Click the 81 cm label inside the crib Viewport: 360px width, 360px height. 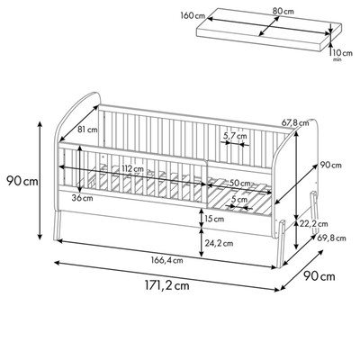pos(87,130)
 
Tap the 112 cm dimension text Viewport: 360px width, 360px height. pos(132,169)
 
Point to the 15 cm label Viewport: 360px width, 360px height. pos(214,220)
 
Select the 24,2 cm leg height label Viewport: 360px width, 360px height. pos(220,243)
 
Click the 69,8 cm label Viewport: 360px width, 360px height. pos(331,238)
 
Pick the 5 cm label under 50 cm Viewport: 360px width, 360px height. pos(238,199)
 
